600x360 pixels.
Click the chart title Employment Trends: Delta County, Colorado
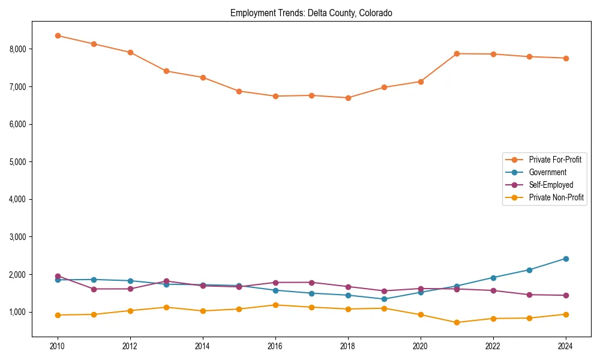click(x=311, y=13)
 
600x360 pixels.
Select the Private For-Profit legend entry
click(x=554, y=160)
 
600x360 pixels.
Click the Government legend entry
click(x=547, y=172)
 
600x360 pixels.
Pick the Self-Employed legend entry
click(x=551, y=185)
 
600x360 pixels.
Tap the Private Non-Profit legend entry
click(x=556, y=197)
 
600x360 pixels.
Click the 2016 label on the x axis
click(x=275, y=346)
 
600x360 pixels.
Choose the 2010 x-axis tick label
click(x=58, y=346)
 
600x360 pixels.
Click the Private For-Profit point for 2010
click(x=58, y=35)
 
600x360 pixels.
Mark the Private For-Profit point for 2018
click(x=348, y=98)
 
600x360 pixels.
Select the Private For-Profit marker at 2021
click(x=457, y=53)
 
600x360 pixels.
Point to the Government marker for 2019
click(x=384, y=299)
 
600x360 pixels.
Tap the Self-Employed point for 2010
click(x=58, y=276)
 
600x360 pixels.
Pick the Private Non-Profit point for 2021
click(x=457, y=322)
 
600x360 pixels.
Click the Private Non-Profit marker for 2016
click(x=275, y=305)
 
